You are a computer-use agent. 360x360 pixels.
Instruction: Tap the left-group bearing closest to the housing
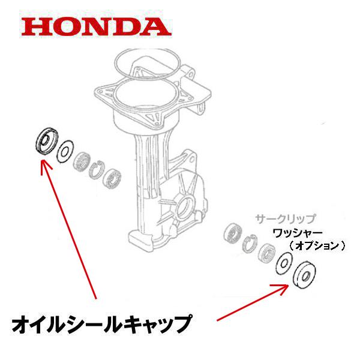pos(113,180)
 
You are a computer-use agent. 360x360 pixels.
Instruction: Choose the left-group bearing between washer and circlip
pos(80,162)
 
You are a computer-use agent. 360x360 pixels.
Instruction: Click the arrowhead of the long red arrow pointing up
pos(42,163)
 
